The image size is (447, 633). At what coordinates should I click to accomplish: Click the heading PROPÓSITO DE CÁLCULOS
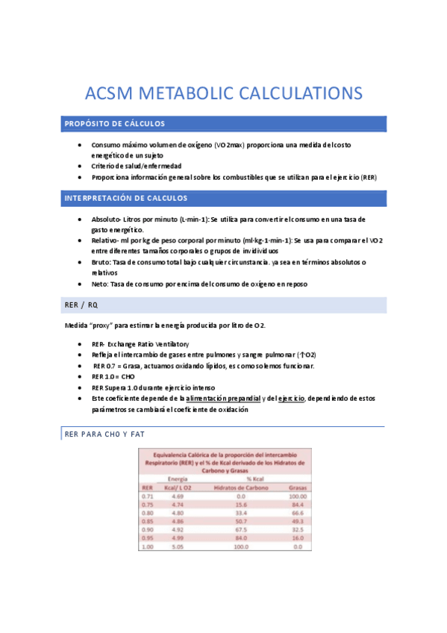(115, 124)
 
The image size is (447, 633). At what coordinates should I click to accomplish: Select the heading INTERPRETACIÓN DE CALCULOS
(126, 199)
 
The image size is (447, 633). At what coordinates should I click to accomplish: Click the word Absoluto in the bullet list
(106, 220)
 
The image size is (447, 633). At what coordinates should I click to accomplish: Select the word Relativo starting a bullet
(105, 241)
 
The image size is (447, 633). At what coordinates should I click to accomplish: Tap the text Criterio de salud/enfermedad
(137, 166)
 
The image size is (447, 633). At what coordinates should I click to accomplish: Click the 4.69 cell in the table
(178, 496)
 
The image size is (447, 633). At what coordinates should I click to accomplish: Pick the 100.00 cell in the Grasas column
(298, 496)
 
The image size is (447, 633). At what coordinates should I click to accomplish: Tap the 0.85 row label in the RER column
(147, 521)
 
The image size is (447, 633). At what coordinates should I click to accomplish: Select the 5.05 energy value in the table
(178, 546)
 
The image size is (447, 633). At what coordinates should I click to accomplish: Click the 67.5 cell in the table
(240, 529)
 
